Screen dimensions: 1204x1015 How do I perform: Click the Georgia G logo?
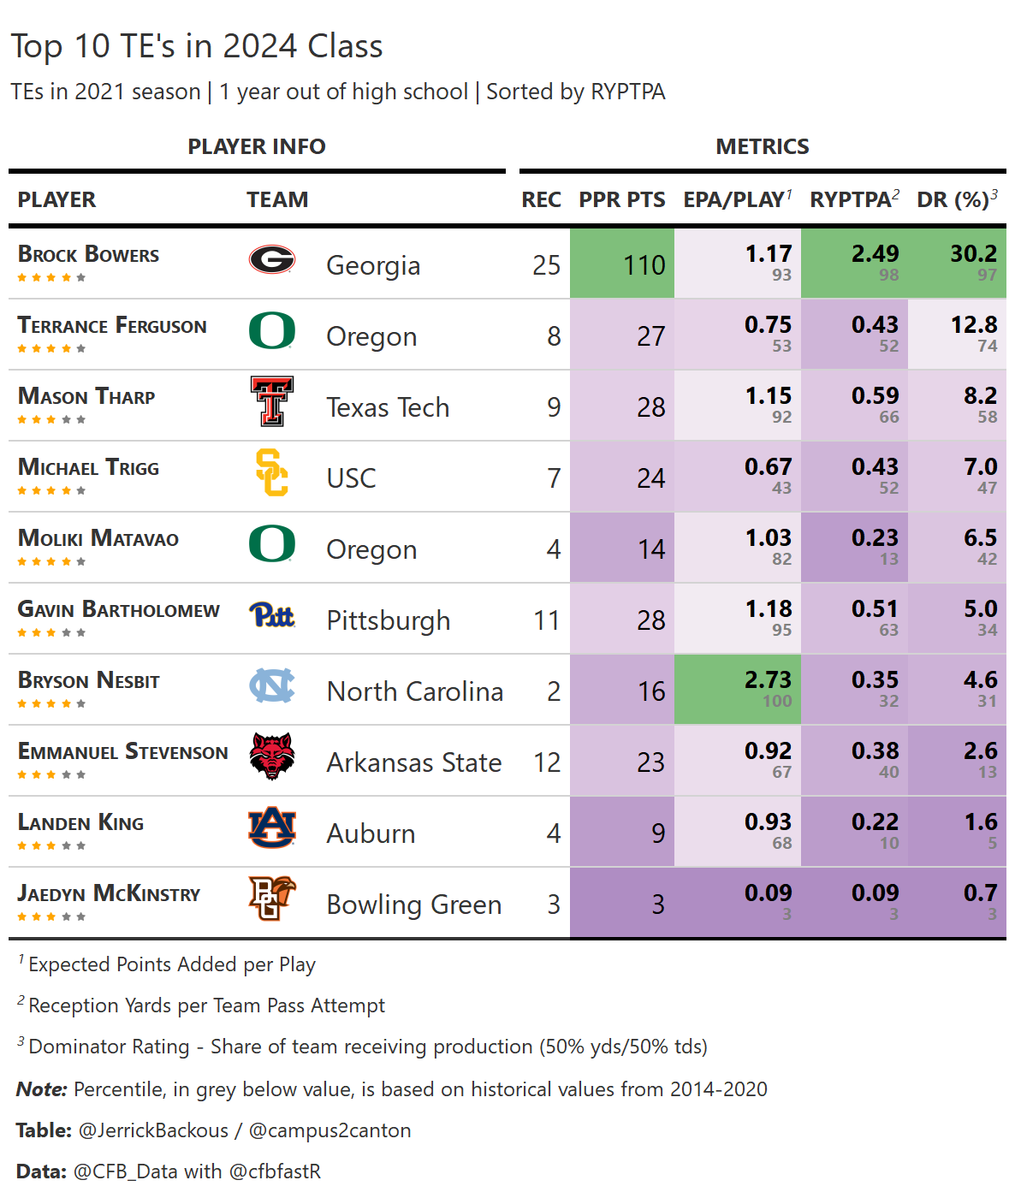pyautogui.click(x=272, y=258)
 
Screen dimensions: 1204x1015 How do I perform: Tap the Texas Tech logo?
pyautogui.click(x=272, y=400)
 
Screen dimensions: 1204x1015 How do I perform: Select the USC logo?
pyautogui.click(x=272, y=472)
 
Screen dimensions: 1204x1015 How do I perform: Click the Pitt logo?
pyautogui.click(x=272, y=614)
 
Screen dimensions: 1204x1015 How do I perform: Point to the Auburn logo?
pyautogui.click(x=272, y=827)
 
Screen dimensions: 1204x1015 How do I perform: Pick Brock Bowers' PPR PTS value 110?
pyautogui.click(x=644, y=265)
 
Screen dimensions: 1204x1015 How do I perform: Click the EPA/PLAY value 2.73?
pyautogui.click(x=768, y=680)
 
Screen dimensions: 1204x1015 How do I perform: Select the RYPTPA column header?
pyautogui.click(x=851, y=199)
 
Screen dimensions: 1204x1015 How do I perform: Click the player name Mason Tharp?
pyautogui.click(x=86, y=396)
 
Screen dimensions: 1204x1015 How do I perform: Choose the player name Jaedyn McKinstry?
pyautogui.click(x=109, y=893)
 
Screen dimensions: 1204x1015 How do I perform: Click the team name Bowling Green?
pyautogui.click(x=414, y=904)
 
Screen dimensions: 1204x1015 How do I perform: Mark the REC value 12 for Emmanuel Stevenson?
pyautogui.click(x=547, y=762)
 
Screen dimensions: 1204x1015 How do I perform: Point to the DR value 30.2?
pyautogui.click(x=973, y=254)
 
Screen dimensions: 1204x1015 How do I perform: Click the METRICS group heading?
pyautogui.click(x=762, y=146)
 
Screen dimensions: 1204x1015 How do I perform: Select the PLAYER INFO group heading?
pyautogui.click(x=257, y=146)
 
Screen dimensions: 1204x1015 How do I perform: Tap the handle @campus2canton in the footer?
pyautogui.click(x=329, y=1130)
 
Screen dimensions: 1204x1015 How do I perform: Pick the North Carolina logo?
pyautogui.click(x=272, y=685)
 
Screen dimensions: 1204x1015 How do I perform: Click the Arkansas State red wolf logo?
pyautogui.click(x=272, y=756)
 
